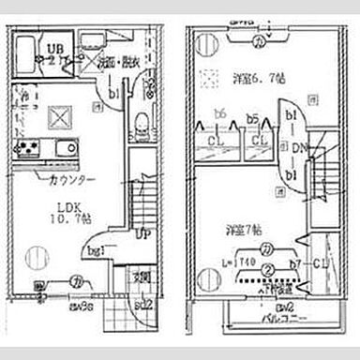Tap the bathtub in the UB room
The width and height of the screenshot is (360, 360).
(x=29, y=49)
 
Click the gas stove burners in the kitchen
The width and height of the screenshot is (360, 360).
(x=26, y=147)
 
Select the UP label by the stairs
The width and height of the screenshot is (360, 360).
(x=143, y=233)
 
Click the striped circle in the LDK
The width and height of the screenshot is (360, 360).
(x=34, y=254)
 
